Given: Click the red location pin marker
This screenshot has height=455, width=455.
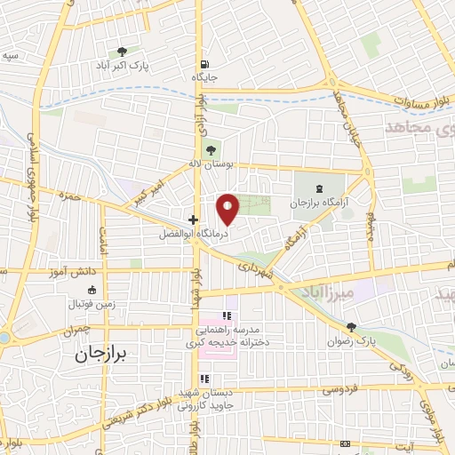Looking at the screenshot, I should pyautogui.click(x=228, y=208).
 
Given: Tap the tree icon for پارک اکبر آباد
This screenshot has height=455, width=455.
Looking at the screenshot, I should pyautogui.click(x=122, y=52).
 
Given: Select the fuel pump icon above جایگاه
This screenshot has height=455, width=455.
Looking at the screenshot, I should pyautogui.click(x=205, y=64).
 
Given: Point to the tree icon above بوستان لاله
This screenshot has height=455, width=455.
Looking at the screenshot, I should pyautogui.click(x=210, y=148).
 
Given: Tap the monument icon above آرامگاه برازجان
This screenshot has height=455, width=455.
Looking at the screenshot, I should pyautogui.click(x=320, y=188).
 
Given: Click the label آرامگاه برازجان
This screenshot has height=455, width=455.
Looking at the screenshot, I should pyautogui.click(x=319, y=204).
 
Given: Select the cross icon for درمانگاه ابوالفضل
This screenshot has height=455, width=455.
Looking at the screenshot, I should pyautogui.click(x=193, y=219).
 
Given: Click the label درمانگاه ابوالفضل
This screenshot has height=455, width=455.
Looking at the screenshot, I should pyautogui.click(x=194, y=234).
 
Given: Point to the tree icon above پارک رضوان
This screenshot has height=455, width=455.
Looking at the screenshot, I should pyautogui.click(x=353, y=328).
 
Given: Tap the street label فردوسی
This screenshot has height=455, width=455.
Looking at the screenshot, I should pyautogui.click(x=339, y=388).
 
